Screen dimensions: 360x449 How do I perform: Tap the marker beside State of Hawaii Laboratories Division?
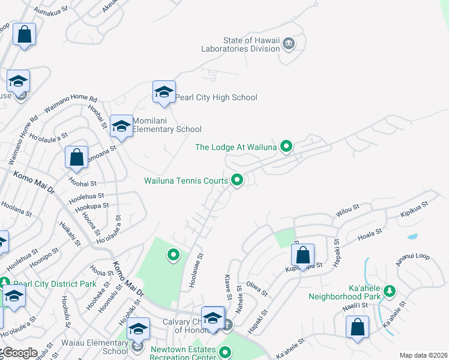pyautogui.click(x=289, y=43)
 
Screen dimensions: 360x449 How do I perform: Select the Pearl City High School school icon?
pyautogui.click(x=164, y=93)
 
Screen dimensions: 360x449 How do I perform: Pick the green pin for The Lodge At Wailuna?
pyautogui.click(x=287, y=146)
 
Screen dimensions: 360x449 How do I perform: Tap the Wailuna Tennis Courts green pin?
pyautogui.click(x=237, y=180)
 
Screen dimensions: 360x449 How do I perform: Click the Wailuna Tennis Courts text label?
pyautogui.click(x=186, y=181)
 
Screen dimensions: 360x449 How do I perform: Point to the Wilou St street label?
pyautogui.click(x=348, y=210)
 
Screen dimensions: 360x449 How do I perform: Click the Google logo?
pyautogui.click(x=19, y=353)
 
